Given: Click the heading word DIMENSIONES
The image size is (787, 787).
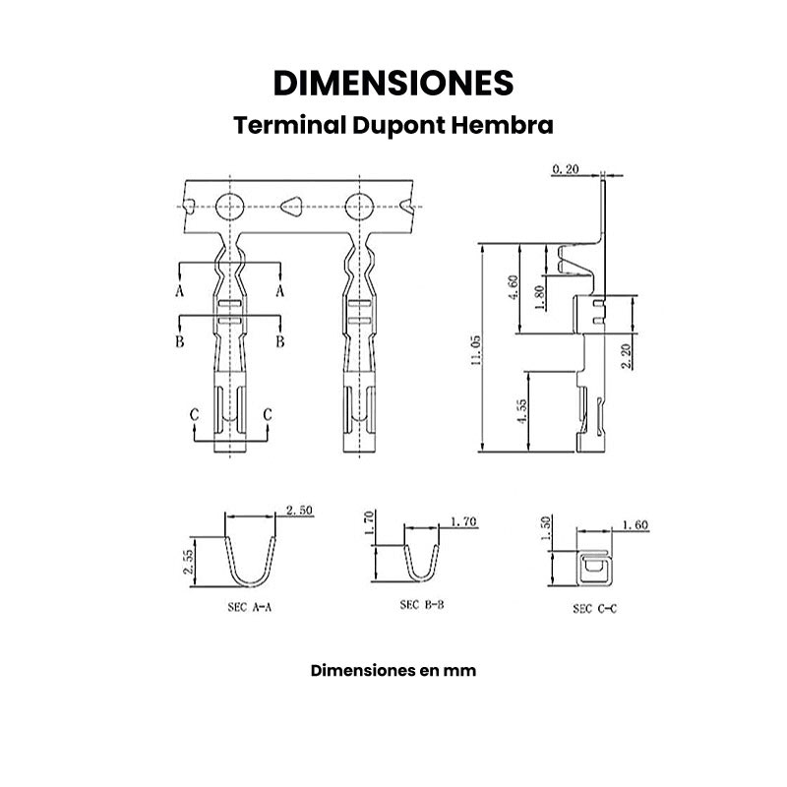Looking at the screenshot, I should click(x=393, y=84).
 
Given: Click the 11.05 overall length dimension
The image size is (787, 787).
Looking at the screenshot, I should click(x=475, y=350).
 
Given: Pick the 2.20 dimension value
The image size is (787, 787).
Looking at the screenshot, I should click(x=626, y=351).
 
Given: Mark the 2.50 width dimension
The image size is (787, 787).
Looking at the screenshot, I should click(x=299, y=510).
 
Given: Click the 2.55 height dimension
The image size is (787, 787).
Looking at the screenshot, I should click(x=187, y=562).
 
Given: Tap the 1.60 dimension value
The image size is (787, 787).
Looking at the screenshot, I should click(x=636, y=525).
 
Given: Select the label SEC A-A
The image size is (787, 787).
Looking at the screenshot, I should click(x=242, y=608).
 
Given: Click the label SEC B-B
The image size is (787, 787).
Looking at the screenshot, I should click(x=422, y=605).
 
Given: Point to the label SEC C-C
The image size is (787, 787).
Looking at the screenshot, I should click(x=595, y=609).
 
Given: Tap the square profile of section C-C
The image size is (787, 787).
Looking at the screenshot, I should click(x=592, y=569).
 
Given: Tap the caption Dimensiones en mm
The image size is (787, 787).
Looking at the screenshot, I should click(x=393, y=671).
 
